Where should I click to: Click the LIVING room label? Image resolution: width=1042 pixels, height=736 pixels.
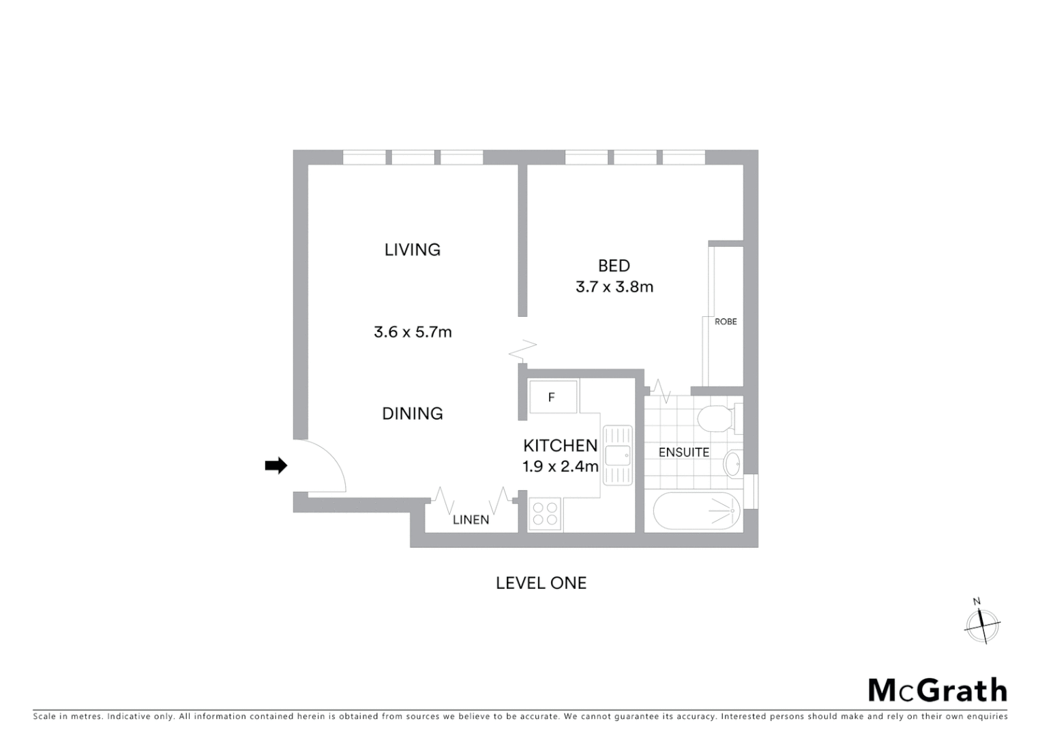412,249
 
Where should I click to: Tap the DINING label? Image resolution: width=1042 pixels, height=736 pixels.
412,413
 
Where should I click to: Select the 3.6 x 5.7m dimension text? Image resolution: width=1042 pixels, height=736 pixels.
413,332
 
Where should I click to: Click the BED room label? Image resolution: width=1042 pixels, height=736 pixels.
614,266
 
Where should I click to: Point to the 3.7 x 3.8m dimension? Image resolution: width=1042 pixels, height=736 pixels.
614,287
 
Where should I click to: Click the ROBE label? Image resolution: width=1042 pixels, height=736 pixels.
725,322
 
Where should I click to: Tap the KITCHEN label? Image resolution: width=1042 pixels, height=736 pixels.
560,445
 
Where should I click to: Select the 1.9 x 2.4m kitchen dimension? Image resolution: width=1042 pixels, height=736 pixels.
560,467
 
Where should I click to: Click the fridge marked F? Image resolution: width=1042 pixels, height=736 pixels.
552,397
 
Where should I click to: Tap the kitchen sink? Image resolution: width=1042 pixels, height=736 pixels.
617,455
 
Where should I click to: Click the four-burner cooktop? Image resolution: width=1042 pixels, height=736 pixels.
545,514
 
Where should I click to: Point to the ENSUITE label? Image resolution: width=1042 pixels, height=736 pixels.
683,452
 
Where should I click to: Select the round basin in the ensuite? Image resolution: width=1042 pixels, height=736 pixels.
732,464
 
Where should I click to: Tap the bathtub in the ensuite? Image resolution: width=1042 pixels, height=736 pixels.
696,511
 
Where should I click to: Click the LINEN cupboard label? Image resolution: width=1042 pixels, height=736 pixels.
471,520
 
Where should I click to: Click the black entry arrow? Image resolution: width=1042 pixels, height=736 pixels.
276,465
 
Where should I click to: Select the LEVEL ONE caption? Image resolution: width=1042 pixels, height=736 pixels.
541,583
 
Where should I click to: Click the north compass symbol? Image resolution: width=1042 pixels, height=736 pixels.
982,624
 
